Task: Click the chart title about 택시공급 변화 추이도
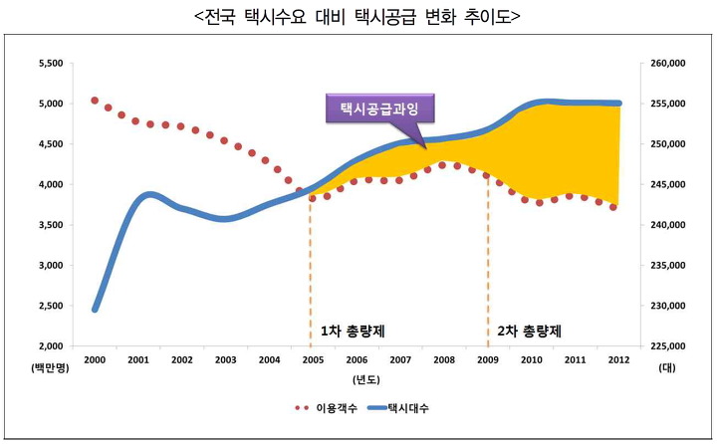coord(358,18)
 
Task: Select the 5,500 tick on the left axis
coord(49,63)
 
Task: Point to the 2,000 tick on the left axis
coord(49,345)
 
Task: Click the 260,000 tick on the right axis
coord(668,63)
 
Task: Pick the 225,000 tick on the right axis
coord(668,345)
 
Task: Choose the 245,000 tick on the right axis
coord(668,184)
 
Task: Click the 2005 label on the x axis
coord(314,360)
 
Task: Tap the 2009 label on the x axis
coord(488,360)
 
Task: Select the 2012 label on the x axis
coord(618,360)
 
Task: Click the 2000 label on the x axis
coord(95,360)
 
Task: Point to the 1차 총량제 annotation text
coord(352,331)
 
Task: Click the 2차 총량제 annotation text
coord(529,331)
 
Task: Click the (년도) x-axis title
coord(363,380)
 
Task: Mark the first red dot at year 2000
coord(95,101)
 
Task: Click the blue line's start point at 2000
coord(95,309)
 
